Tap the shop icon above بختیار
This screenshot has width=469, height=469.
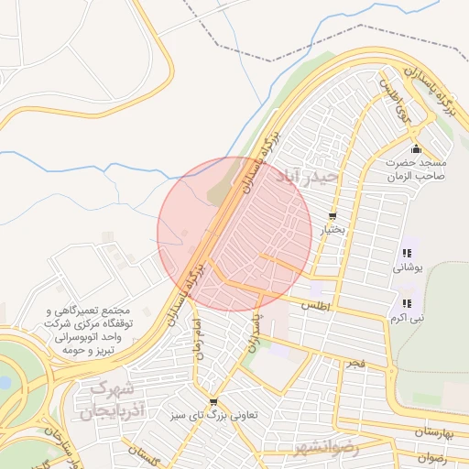coord(332,217)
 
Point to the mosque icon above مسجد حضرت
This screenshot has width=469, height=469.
coord(416,149)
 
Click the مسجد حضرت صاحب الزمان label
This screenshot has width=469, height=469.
coord(415,170)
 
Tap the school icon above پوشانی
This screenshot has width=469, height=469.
coord(406,254)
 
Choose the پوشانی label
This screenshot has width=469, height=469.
coord(406,268)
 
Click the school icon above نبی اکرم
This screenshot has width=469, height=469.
coord(406,303)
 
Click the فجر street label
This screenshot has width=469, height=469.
coord(354,364)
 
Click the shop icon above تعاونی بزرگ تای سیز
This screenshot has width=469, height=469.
coord(213,401)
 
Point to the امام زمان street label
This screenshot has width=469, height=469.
coord(193,337)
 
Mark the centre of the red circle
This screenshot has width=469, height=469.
coord(234,234)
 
